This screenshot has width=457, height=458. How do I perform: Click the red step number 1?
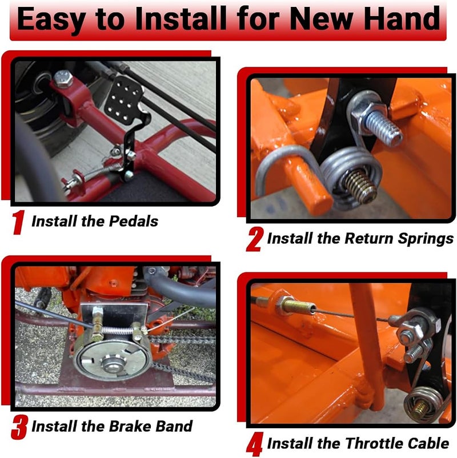(x=18, y=223)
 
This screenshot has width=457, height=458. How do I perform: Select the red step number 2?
(x=255, y=240)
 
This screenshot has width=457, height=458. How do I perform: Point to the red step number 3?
(x=19, y=427)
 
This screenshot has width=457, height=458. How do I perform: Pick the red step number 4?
(x=255, y=444)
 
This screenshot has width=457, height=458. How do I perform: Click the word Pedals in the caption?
(x=133, y=221)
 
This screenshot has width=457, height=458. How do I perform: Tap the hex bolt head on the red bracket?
(x=63, y=78)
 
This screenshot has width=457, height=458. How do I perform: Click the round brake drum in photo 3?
(x=113, y=362)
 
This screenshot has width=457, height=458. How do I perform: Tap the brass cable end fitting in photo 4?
(x=296, y=306)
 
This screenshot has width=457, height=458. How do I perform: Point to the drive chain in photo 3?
(x=181, y=340)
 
